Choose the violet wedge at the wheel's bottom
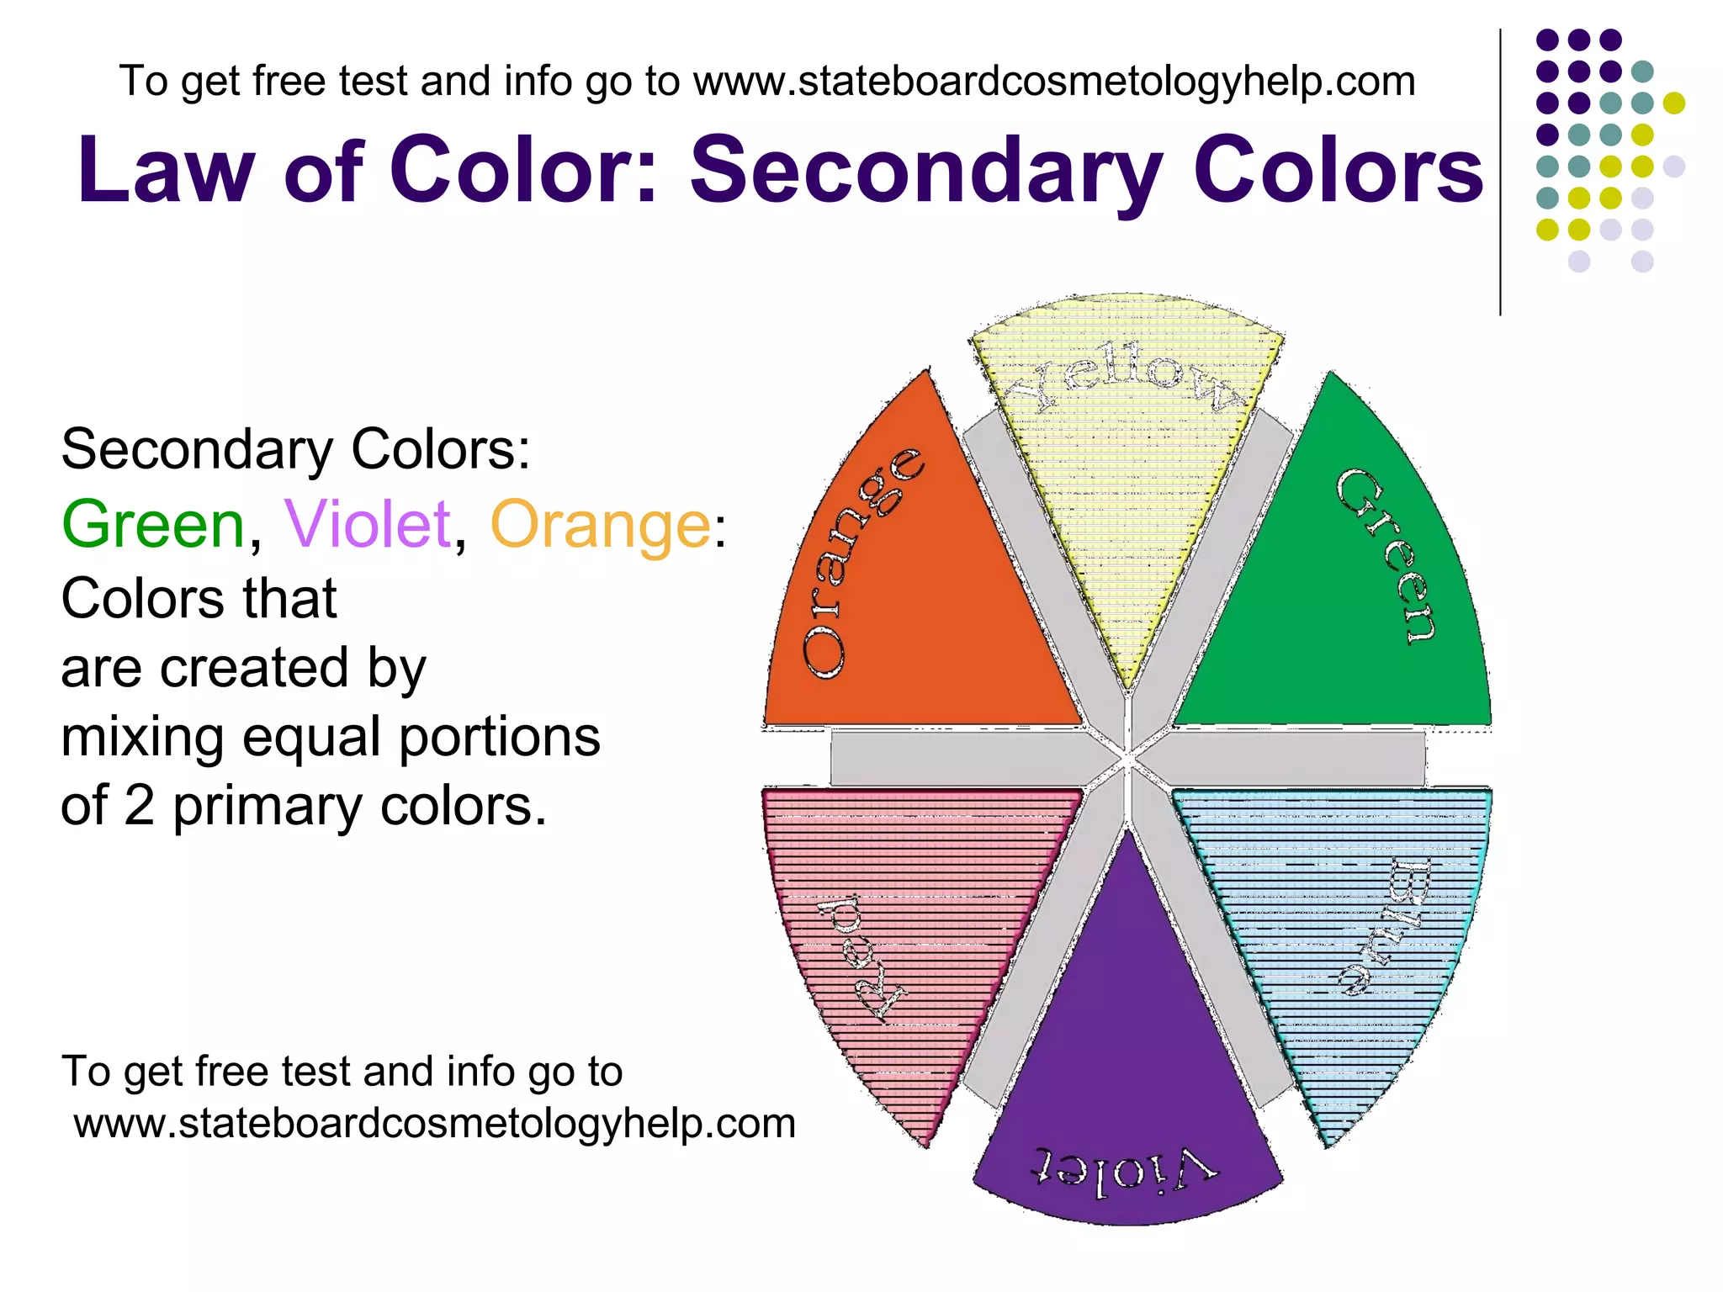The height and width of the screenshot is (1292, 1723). (1127, 1051)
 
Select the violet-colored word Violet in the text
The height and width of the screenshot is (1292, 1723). (368, 525)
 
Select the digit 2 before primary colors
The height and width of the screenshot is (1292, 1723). (140, 806)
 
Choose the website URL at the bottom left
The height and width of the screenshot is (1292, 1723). (434, 1124)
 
